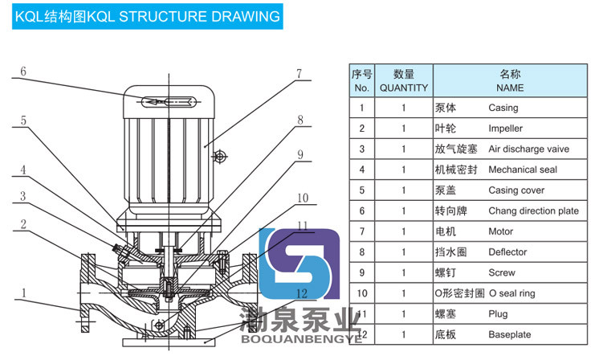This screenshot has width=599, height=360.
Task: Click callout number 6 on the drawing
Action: point(23,71)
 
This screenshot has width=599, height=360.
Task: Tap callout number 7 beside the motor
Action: point(298,74)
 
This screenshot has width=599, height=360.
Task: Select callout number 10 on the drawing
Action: point(302,198)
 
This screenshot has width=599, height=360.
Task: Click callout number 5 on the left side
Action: point(23,121)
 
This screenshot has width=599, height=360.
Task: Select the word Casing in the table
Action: point(503,108)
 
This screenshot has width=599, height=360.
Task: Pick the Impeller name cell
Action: point(505,129)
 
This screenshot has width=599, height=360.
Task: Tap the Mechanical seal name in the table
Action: point(522,170)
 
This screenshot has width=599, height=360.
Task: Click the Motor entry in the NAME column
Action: point(500,232)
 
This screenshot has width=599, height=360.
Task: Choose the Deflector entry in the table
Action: point(507,253)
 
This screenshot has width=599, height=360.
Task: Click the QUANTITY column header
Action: point(404,80)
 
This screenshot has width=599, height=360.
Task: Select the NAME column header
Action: point(510,80)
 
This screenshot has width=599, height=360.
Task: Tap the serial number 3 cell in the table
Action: point(362,149)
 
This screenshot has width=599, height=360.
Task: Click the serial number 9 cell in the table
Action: point(362,274)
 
